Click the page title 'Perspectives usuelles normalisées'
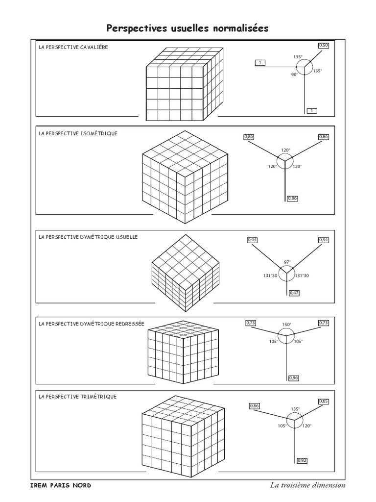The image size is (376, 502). tap(188, 28)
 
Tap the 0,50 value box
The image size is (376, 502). tap(323, 46)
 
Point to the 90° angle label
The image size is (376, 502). tap(294, 75)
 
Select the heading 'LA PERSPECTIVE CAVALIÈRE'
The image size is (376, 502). tap(73, 48)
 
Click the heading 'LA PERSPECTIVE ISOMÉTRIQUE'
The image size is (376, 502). tap(78, 133)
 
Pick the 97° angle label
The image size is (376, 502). tap(287, 262)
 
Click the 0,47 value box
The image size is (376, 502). tap(294, 293)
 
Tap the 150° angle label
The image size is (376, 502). tap(287, 325)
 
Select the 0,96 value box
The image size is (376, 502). tap(294, 377)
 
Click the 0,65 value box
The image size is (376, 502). tap(324, 402)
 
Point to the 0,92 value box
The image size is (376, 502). tap(302, 460)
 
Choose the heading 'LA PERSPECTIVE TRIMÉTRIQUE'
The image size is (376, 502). tap(77, 396)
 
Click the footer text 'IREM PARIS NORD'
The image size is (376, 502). tap(61, 485)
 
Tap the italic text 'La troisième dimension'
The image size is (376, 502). tap(307, 485)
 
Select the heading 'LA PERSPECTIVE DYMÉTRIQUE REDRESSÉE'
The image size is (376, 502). tap(92, 324)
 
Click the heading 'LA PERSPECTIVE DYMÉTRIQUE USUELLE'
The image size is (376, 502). tap(88, 237)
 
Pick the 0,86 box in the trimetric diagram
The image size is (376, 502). tap(254, 406)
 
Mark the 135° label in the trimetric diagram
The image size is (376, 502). tap(295, 409)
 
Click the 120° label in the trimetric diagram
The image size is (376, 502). tap(307, 426)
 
